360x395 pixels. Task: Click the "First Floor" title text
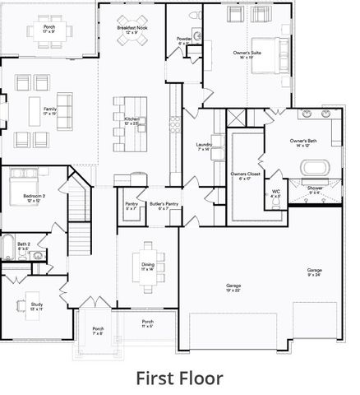[x=179, y=378]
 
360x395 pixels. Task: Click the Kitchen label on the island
[x=132, y=121]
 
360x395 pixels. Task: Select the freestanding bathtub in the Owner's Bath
[x=315, y=168]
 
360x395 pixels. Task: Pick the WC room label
[x=275, y=193]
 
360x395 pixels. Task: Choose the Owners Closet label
[x=242, y=176]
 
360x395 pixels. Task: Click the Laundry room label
[x=205, y=146]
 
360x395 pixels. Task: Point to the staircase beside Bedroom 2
[x=79, y=202]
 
